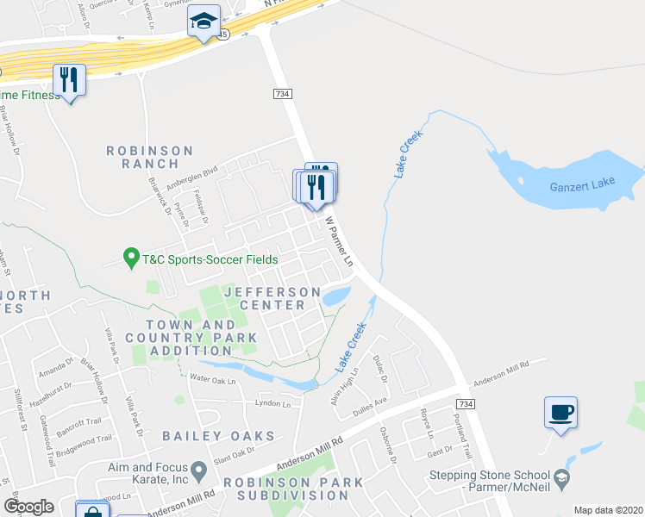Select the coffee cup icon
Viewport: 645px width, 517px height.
(560, 412)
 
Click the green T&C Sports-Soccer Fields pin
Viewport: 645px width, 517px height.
(131, 257)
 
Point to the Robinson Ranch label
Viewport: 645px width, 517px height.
(150, 157)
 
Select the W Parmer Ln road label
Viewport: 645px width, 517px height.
(339, 240)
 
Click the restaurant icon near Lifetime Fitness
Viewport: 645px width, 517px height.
(69, 80)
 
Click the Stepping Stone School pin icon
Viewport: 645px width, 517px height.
(561, 476)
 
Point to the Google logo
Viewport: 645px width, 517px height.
(28, 507)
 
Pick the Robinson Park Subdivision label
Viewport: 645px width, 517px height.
(287, 489)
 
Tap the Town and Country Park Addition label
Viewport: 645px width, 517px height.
(191, 337)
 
